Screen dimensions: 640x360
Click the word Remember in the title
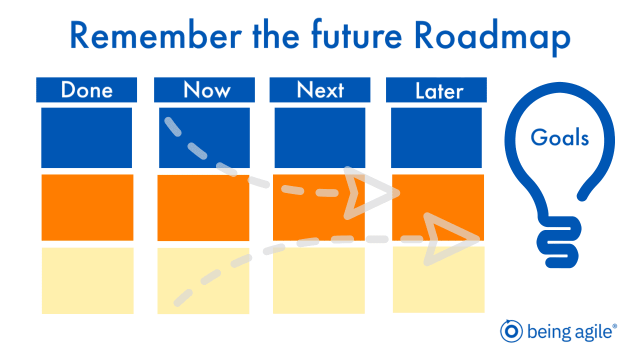[x=156, y=35]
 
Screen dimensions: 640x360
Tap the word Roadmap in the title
[x=492, y=37]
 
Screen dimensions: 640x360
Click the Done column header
[x=86, y=89]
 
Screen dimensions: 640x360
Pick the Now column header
[x=204, y=89]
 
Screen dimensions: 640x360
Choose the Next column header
[x=320, y=89]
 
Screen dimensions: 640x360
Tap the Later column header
[x=436, y=89]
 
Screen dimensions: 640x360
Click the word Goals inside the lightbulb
[x=559, y=137]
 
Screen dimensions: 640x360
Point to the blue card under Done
[x=86, y=137]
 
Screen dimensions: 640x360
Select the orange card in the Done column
[x=87, y=207]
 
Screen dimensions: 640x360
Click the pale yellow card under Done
[x=87, y=280]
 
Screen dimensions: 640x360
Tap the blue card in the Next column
[x=320, y=137]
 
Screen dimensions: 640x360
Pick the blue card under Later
[x=436, y=137]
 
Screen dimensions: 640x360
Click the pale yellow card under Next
[x=319, y=280]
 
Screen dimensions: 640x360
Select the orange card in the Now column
[x=203, y=207]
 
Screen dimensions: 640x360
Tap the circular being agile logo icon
[x=511, y=331]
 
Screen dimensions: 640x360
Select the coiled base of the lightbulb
[x=559, y=242]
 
